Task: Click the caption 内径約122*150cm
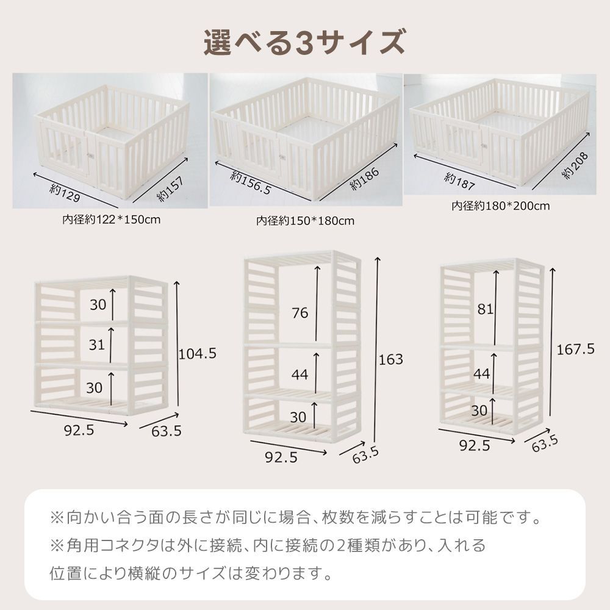111,219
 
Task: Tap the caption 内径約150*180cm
305,220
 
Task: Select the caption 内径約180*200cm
500,206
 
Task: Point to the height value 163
391,359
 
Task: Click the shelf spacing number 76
300,313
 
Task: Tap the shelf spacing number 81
485,309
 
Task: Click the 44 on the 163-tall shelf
300,375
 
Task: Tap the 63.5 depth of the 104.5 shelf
167,431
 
